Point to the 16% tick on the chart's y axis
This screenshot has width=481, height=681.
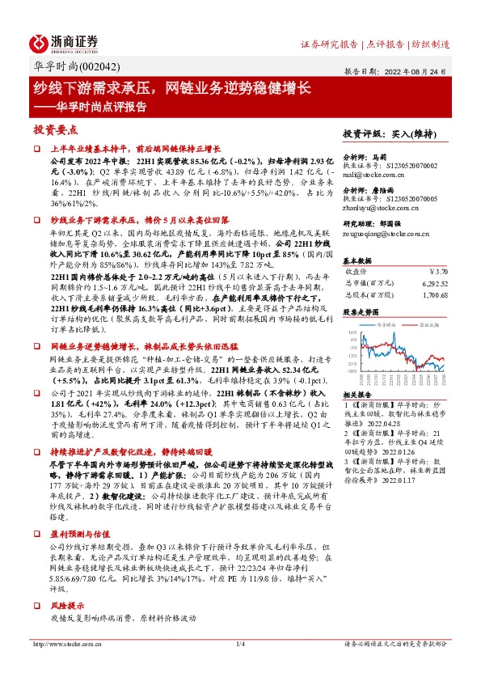pyautogui.click(x=352, y=332)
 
